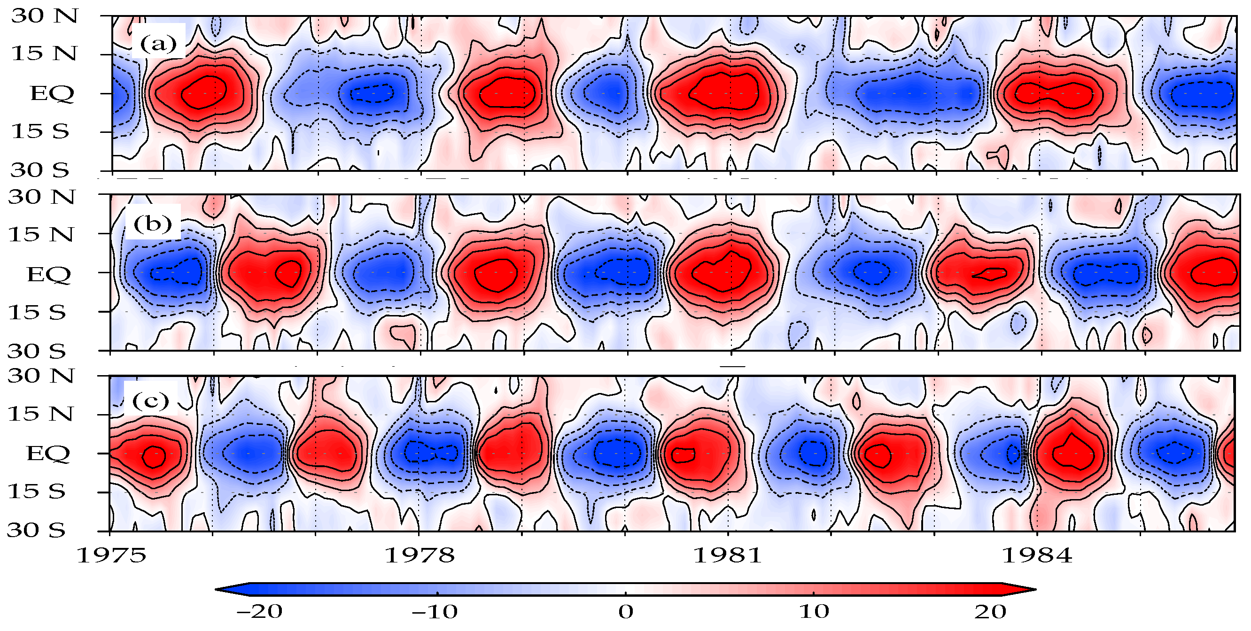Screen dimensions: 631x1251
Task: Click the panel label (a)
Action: coord(158,44)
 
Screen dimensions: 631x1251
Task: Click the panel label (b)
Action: coord(153,224)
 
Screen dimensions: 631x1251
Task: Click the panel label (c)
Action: coord(150,401)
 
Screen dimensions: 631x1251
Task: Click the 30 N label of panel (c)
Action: coord(41,376)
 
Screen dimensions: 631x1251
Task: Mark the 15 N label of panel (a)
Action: coord(44,54)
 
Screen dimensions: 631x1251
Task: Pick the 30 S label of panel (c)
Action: coord(36,530)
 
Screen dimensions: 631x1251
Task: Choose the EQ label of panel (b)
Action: coord(48,275)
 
